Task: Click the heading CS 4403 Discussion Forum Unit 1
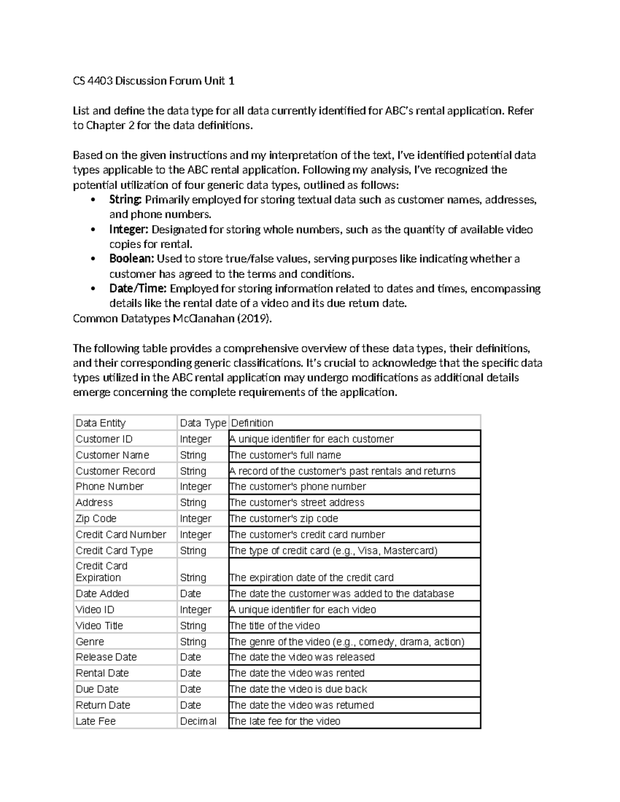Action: pyautogui.click(x=153, y=81)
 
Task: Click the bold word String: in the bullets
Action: pyautogui.click(x=125, y=200)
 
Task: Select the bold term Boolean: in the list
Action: pyautogui.click(x=131, y=259)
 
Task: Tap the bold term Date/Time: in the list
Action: pyautogui.click(x=137, y=289)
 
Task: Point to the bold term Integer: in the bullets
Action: pyautogui.click(x=129, y=229)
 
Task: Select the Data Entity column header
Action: pyautogui.click(x=101, y=423)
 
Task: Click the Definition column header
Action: pyautogui.click(x=252, y=423)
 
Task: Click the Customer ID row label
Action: pyautogui.click(x=104, y=439)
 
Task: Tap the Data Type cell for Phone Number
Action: pyautogui.click(x=195, y=486)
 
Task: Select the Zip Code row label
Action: pyautogui.click(x=96, y=518)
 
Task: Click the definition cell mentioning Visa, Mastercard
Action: pyautogui.click(x=334, y=551)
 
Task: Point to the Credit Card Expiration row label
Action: pyautogui.click(x=101, y=572)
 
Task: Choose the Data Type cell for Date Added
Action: pyautogui.click(x=190, y=594)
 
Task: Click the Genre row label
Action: pyautogui.click(x=90, y=641)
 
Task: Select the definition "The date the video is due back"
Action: pyautogui.click(x=298, y=689)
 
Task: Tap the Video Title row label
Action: pyautogui.click(x=99, y=626)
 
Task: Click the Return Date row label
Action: pyautogui.click(x=103, y=705)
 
